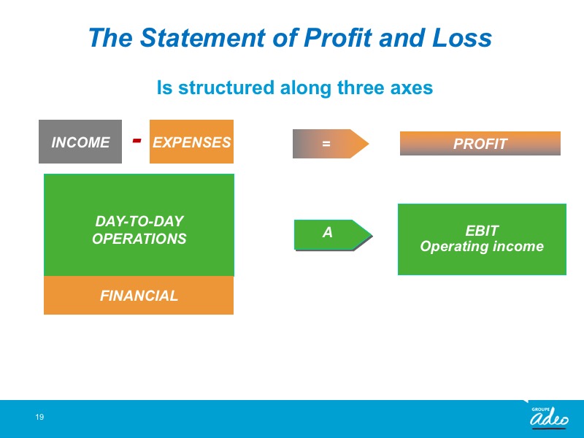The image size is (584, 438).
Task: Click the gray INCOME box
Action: coord(80,142)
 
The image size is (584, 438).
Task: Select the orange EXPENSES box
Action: coord(191,142)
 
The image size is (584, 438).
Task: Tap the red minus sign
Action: coord(137,140)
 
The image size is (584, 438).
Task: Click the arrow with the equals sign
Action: coord(331,144)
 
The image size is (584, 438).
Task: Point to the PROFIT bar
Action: coord(480,143)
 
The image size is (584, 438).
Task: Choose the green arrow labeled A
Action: coord(334,235)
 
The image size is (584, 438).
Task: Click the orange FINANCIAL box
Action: coord(139,296)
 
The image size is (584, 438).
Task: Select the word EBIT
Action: coord(482,231)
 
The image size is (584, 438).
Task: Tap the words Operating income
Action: coord(482,247)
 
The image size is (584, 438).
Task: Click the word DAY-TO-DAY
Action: coord(139,221)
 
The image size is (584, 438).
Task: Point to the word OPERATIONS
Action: coord(139,239)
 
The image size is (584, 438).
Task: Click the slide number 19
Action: coord(39,417)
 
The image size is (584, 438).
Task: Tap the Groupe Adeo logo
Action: coord(549,417)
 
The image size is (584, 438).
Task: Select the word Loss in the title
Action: coord(462,38)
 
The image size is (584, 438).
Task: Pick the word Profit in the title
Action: coord(338,39)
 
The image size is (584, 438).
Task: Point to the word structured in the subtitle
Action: coord(226,88)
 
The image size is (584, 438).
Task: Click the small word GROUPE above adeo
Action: coord(540,410)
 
